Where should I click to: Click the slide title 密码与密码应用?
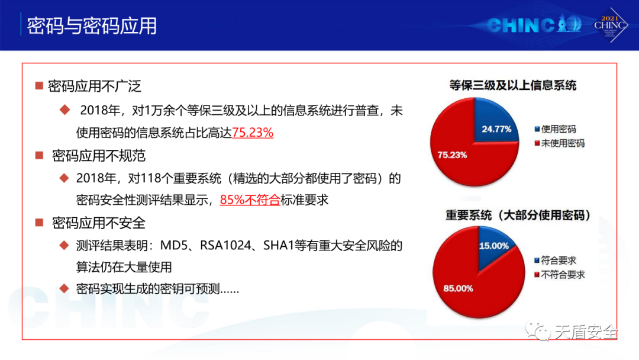[x=92, y=26]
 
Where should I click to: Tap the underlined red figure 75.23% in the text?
[x=253, y=133]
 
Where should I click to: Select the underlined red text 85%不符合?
[x=250, y=200]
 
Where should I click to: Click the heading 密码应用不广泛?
[x=95, y=86]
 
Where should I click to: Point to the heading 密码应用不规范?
[x=99, y=156]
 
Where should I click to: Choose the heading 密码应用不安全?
[x=99, y=223]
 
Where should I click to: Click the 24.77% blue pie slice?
[x=494, y=123]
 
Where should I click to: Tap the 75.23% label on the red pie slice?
[x=452, y=155]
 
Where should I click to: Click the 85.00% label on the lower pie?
[x=458, y=289]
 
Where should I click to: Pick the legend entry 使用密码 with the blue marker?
[x=555, y=129]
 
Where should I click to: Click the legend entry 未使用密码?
[x=559, y=143]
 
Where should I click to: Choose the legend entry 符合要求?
[x=555, y=261]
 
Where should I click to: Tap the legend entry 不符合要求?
[x=559, y=275]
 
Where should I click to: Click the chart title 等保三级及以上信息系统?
[x=512, y=86]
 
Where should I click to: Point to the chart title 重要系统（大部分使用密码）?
[x=518, y=216]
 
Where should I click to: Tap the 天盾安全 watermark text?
[x=586, y=332]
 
